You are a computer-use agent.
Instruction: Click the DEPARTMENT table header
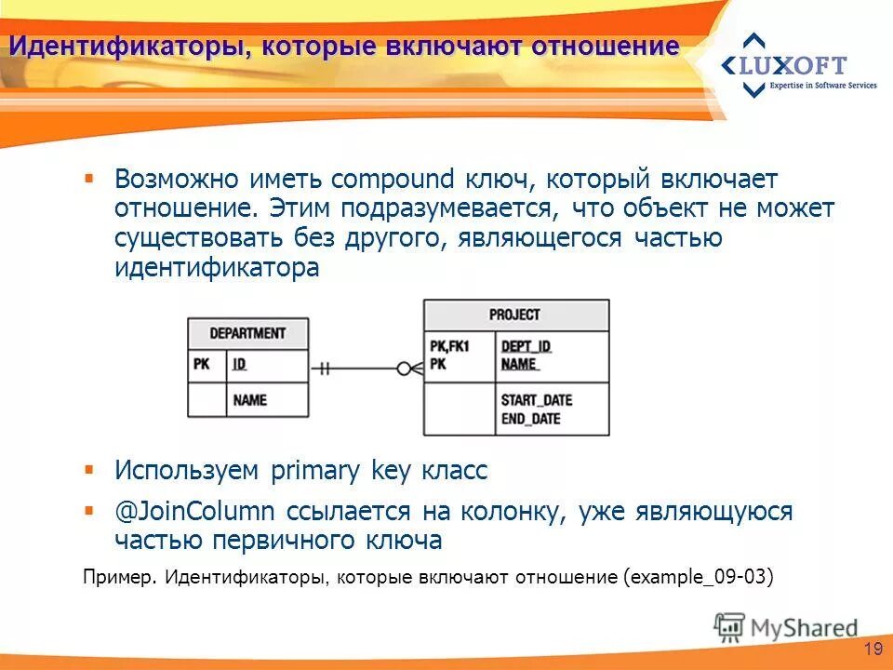tap(247, 333)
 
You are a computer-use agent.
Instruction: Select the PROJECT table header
tap(515, 315)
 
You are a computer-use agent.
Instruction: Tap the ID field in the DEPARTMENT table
tap(240, 364)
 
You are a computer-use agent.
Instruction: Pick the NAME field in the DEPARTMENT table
tap(249, 399)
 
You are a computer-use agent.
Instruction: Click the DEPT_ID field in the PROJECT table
tap(526, 346)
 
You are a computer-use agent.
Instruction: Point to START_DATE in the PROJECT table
tap(537, 400)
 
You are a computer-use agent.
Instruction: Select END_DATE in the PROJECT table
tap(531, 419)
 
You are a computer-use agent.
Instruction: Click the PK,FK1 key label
tap(449, 346)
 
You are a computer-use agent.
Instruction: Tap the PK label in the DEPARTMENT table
tap(202, 364)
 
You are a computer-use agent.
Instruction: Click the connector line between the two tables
tap(358, 368)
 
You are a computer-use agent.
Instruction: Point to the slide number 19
tap(872, 649)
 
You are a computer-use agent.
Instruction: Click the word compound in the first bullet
tap(393, 179)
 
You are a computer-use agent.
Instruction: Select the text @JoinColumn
tap(194, 512)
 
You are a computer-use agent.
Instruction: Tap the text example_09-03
tap(698, 576)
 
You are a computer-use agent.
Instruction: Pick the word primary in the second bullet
tap(314, 471)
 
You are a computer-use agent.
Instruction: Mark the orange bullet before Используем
tap(89, 469)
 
